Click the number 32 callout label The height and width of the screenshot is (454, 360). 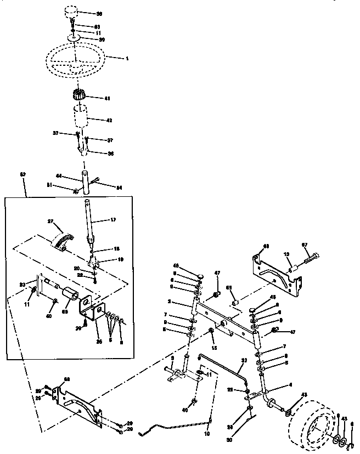click(245, 360)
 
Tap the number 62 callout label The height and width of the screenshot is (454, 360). click(22, 174)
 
